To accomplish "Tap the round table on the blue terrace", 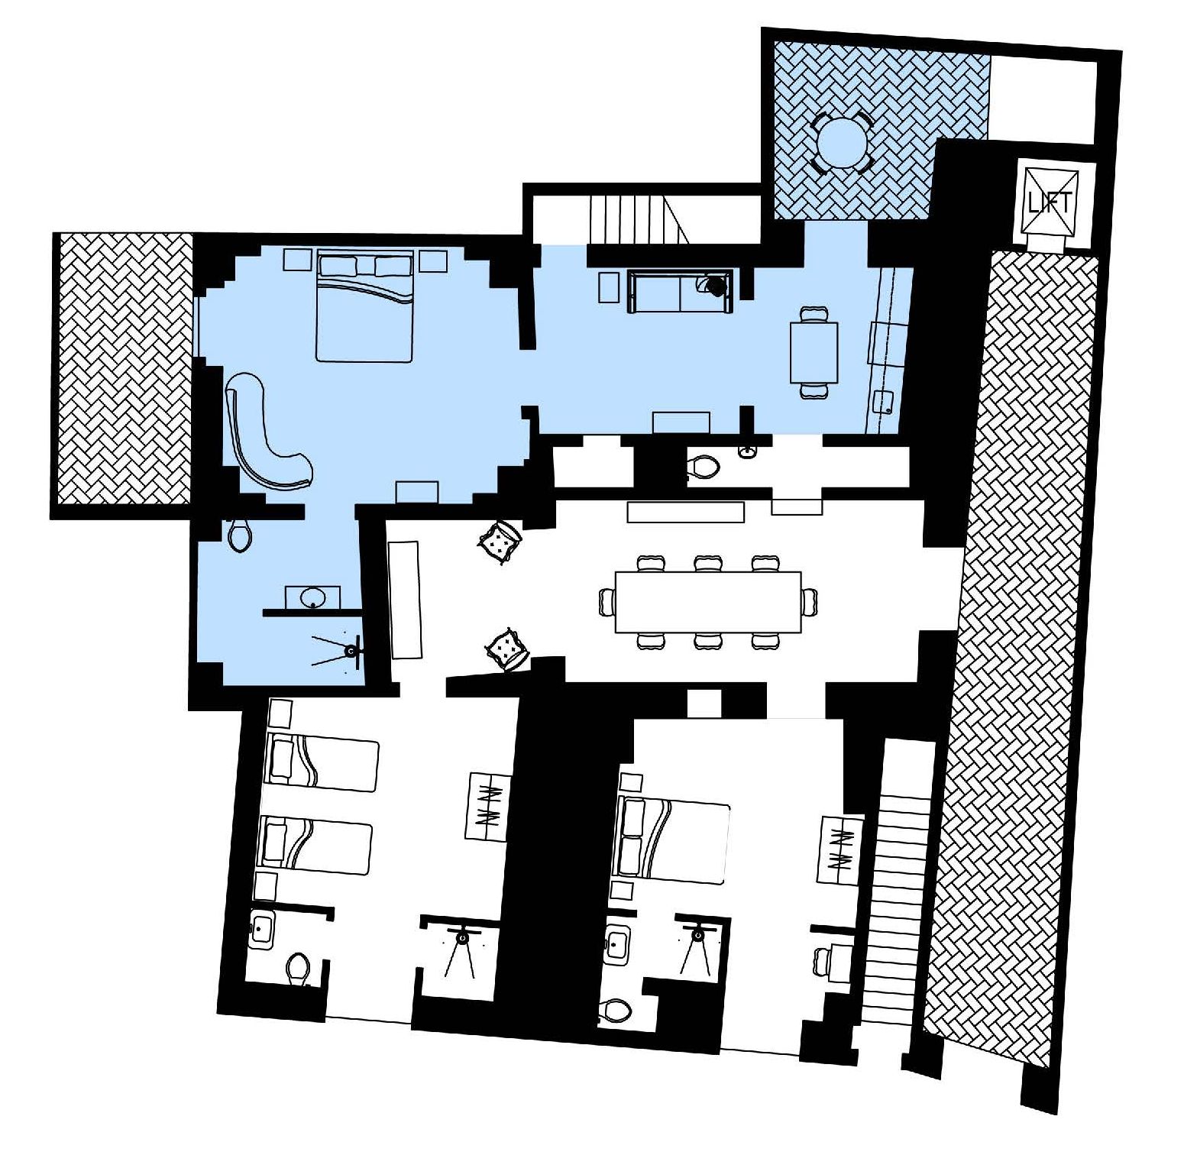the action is (x=841, y=143).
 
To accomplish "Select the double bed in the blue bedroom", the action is (x=365, y=305).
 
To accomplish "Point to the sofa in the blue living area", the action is (x=680, y=290).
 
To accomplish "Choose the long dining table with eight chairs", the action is (x=708, y=602).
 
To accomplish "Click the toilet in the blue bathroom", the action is (x=239, y=535).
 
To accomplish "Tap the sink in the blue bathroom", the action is (x=312, y=597).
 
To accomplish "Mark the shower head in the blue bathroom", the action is (x=351, y=651).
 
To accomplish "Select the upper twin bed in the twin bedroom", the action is (x=322, y=763).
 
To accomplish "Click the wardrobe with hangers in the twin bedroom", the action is (x=487, y=807).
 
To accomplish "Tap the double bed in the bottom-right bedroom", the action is (x=671, y=841).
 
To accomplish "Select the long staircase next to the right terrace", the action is (x=900, y=882).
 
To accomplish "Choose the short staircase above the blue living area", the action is (x=638, y=218).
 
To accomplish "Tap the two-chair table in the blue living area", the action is (x=814, y=352).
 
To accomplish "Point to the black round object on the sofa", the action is (x=717, y=286).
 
